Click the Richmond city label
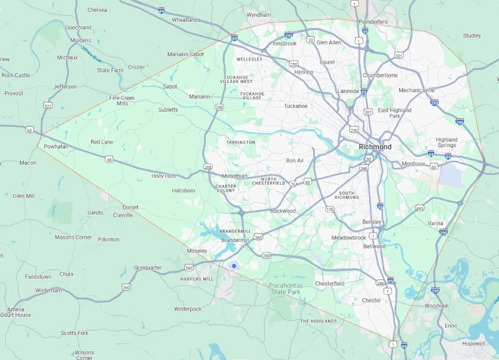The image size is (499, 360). tap(375, 147)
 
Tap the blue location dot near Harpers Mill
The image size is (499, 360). tap(234, 266)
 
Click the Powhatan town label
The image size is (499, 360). tap(56, 146)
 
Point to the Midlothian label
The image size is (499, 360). tap(235, 176)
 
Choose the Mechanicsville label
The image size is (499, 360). tap(417, 90)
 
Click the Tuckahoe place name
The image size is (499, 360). tap(296, 105)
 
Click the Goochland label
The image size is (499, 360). tap(78, 27)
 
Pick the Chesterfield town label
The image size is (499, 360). tap(329, 283)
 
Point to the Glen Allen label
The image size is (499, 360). tap(329, 42)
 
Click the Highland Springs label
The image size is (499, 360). tap(447, 142)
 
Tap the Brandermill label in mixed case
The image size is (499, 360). tap(235, 240)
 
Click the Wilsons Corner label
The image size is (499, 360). tap(84, 355)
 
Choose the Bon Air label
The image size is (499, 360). tap(295, 160)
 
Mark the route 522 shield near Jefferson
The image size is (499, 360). tap(48, 106)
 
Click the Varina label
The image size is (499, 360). tap(436, 223)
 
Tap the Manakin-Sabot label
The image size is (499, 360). tap(185, 54)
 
